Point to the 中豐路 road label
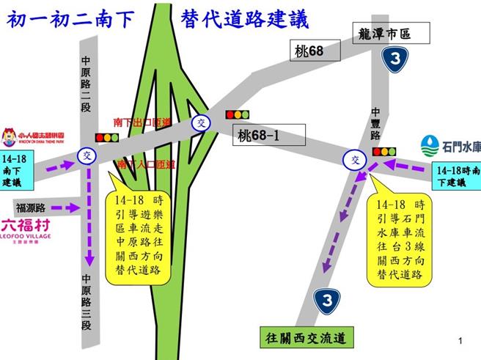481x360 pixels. pyautogui.click(x=375, y=124)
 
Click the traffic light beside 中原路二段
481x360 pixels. pyautogui.click(x=107, y=137)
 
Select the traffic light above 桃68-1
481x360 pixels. pyautogui.click(x=237, y=114)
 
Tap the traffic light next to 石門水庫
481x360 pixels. pyautogui.click(x=383, y=152)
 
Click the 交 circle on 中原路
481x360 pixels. pyautogui.click(x=87, y=155)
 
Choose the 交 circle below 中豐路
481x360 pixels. pyautogui.click(x=356, y=160)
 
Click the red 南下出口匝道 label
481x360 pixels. pyautogui.click(x=142, y=121)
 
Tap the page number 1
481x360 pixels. pyautogui.click(x=459, y=341)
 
